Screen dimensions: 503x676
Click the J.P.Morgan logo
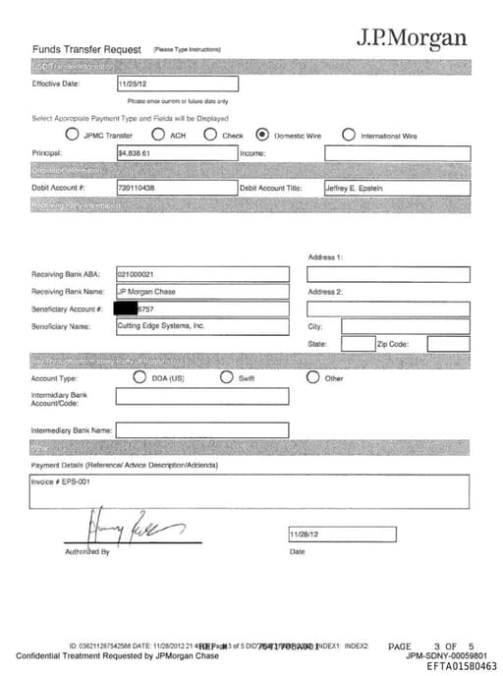[x=412, y=39]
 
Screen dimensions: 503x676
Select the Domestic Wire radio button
[x=262, y=135]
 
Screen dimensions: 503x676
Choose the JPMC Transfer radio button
[x=72, y=135]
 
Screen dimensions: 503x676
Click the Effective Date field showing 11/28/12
[x=132, y=84]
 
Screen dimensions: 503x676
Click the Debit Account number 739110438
[x=137, y=188]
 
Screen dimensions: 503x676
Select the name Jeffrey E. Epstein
[x=354, y=188]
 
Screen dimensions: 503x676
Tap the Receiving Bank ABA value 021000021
[x=135, y=274]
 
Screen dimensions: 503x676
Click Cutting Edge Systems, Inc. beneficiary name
[x=160, y=325]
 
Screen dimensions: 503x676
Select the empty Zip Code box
[x=448, y=344]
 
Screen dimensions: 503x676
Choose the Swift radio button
[x=226, y=377]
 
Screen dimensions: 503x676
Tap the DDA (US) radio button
[x=140, y=377]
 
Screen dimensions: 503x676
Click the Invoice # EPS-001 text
[x=62, y=482]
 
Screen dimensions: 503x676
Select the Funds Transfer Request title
[x=87, y=48]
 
